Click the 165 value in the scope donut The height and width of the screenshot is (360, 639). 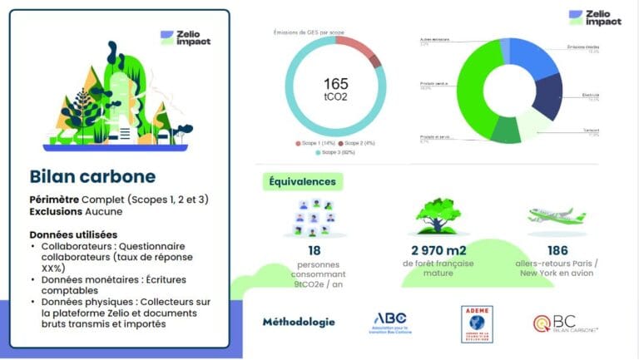337,83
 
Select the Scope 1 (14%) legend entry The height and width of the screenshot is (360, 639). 316,144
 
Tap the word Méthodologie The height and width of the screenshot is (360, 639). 298,322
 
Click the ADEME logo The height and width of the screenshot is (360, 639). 477,323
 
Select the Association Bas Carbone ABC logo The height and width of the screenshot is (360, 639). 392,322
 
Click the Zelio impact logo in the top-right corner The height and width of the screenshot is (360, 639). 594,18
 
